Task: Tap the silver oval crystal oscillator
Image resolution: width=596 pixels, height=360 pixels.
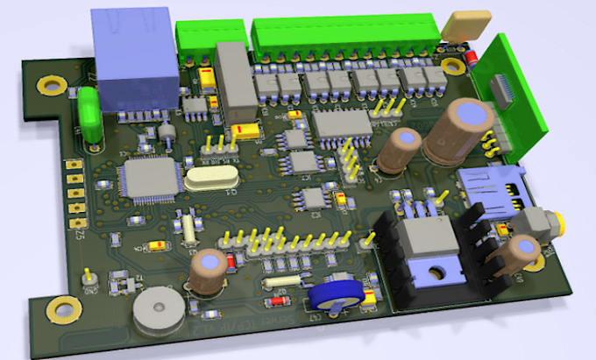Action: tap(211, 181)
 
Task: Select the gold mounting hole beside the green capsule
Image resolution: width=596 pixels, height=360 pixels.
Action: tap(51, 85)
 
